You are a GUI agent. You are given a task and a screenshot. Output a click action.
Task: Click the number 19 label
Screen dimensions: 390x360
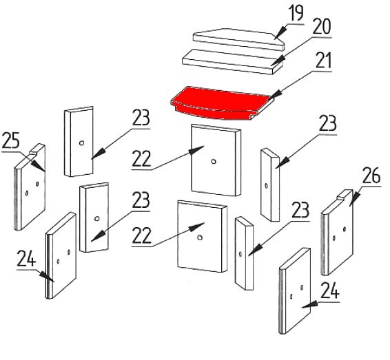point(296,13)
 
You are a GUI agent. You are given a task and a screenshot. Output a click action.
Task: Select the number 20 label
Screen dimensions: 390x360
point(322,27)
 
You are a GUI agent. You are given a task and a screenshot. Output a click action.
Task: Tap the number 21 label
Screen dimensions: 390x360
point(324,61)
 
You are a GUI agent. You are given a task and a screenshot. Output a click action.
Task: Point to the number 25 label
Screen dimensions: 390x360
point(10,140)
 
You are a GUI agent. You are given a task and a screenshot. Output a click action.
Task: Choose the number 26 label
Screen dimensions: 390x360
point(371,176)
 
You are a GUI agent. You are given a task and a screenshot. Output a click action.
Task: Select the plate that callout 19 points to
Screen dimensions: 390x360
point(239,39)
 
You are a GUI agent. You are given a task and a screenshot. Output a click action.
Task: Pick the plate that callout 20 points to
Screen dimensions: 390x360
point(233,62)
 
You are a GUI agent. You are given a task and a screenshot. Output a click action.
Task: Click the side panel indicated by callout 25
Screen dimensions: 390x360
point(30,187)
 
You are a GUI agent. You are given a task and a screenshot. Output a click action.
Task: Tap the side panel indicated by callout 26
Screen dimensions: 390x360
point(338,232)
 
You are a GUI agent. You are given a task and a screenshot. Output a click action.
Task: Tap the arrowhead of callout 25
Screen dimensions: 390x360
point(39,165)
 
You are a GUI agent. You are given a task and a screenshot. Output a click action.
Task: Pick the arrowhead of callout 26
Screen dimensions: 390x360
point(354,199)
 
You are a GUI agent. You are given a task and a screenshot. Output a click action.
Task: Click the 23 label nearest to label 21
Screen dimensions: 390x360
point(327,123)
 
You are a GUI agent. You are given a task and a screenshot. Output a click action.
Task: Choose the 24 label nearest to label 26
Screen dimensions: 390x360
point(330,290)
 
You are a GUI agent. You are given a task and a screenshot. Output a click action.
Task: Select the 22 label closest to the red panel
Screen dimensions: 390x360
point(141,159)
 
